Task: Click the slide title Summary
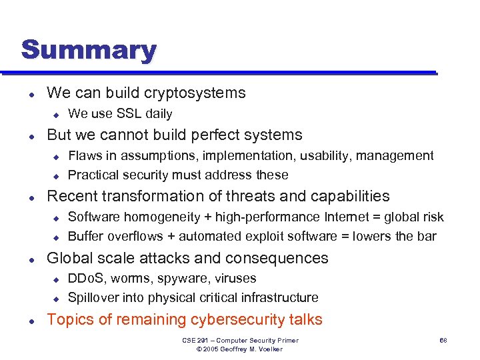[89, 50]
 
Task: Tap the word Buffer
[86, 236]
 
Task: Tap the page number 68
[442, 341]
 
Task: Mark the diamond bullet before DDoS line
[57, 279]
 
